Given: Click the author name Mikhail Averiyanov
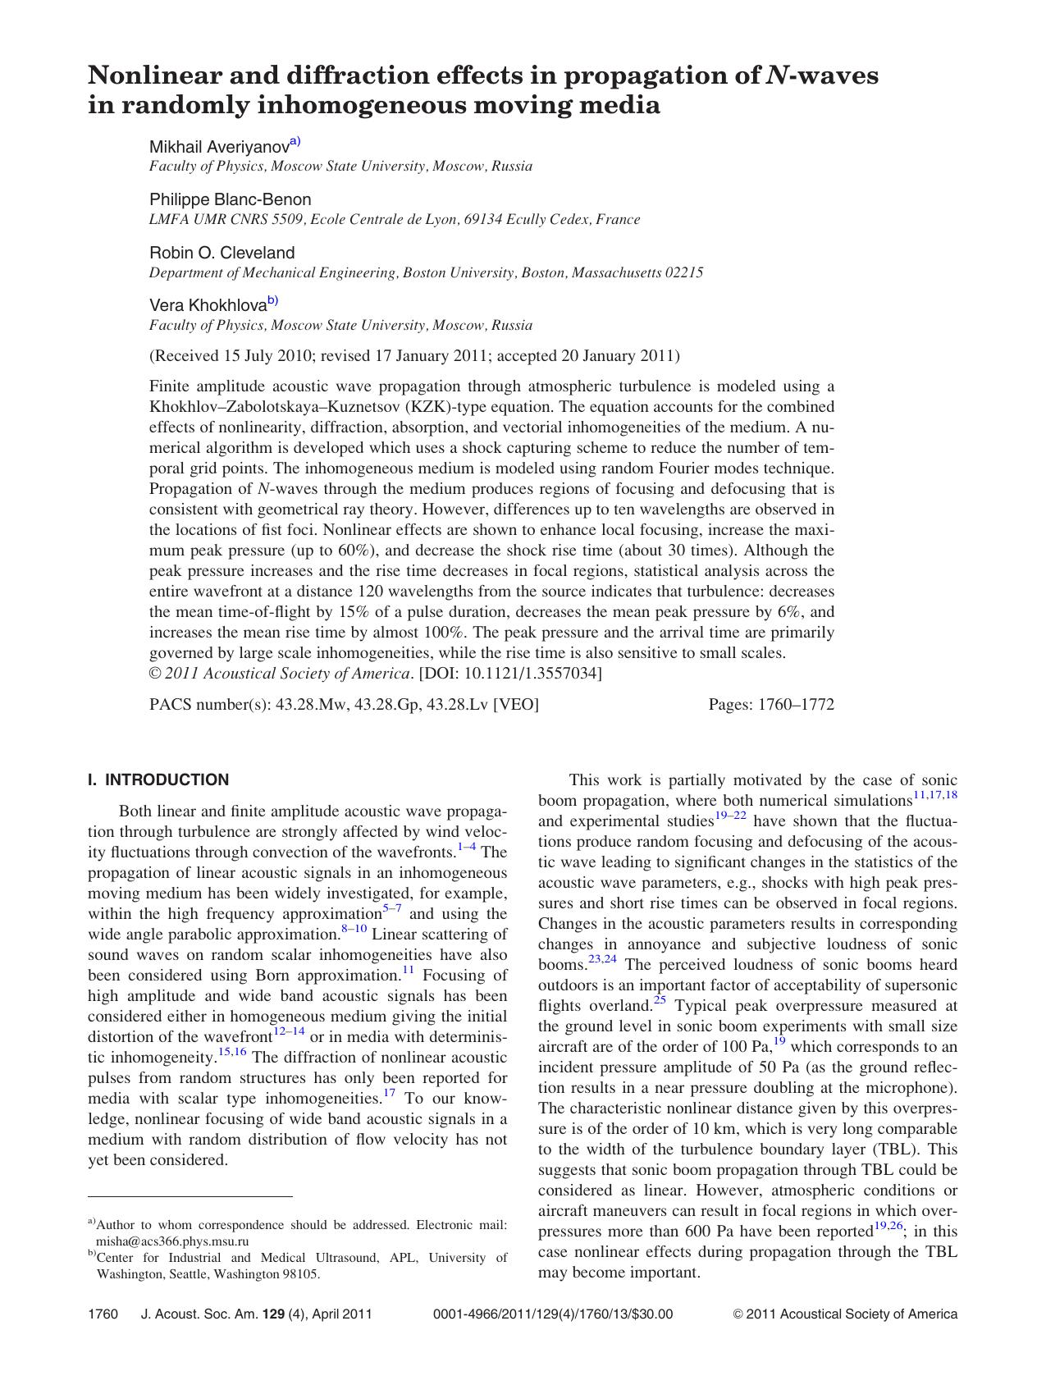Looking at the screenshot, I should (x=219, y=147).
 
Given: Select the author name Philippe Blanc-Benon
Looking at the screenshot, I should (x=230, y=199).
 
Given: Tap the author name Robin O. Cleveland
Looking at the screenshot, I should (x=222, y=253).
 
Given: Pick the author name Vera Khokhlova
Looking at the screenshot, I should (x=208, y=305).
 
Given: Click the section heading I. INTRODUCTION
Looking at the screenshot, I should (x=158, y=779).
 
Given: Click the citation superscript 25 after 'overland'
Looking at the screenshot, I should (x=660, y=1001).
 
